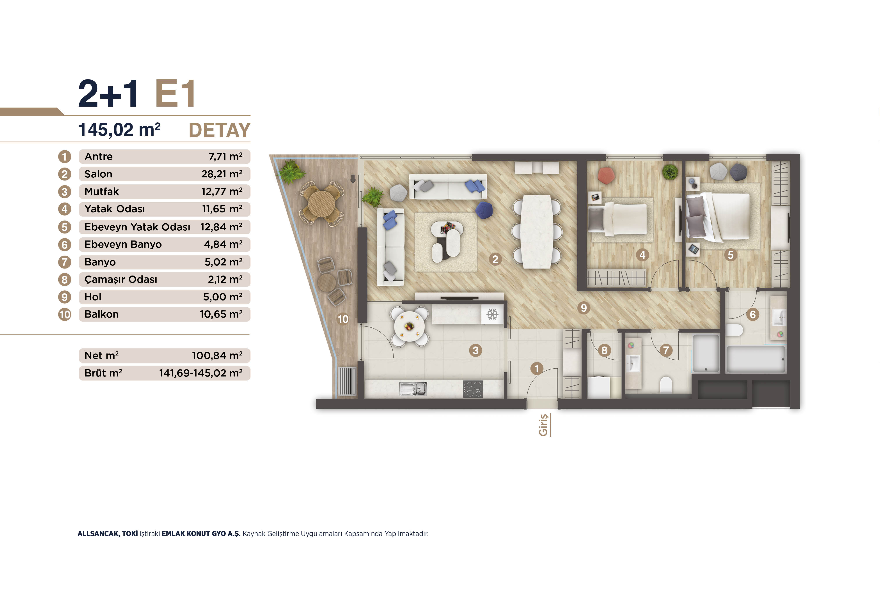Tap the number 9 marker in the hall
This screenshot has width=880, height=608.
click(x=584, y=308)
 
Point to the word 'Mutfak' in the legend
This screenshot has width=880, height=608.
click(x=101, y=191)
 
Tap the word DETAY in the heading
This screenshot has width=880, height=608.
click(x=220, y=130)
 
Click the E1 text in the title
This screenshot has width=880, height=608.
click(x=176, y=93)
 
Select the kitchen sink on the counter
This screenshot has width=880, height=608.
click(x=413, y=389)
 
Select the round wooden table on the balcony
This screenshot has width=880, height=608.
click(x=321, y=204)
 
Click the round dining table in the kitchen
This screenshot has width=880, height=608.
click(x=409, y=326)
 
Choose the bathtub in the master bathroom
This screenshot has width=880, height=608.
click(x=755, y=359)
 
